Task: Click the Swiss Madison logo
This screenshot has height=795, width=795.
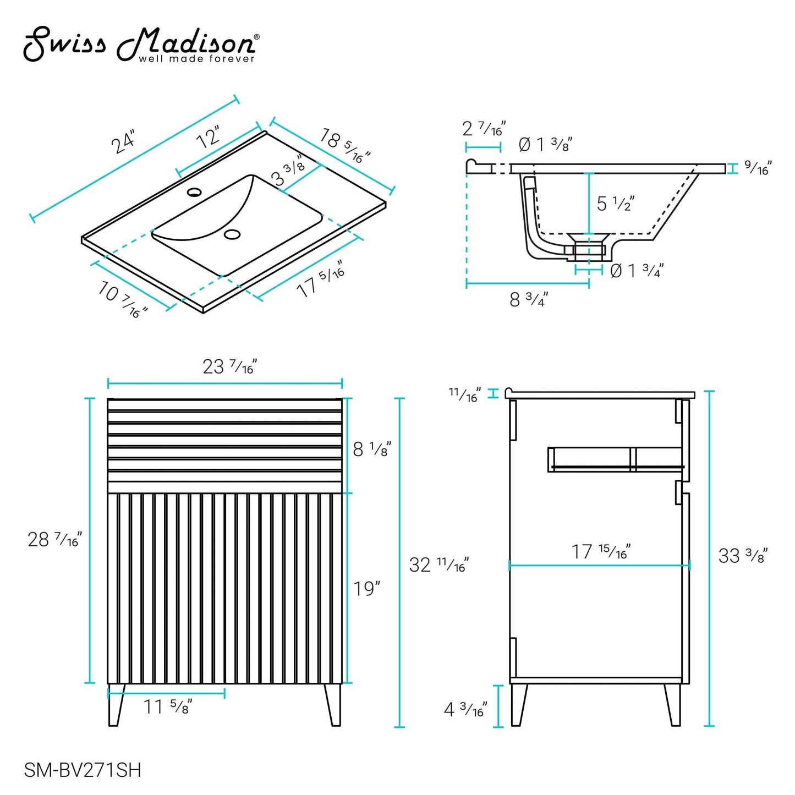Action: click(141, 45)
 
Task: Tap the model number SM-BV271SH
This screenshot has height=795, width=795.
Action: click(83, 770)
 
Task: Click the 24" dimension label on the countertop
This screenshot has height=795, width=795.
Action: click(123, 141)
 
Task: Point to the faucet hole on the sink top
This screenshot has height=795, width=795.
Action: click(194, 192)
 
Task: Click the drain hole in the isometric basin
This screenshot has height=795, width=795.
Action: click(232, 234)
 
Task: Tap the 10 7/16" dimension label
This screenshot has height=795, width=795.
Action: click(123, 299)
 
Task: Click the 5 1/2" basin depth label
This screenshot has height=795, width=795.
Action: click(615, 204)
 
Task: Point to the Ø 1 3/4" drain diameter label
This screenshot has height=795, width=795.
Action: click(637, 271)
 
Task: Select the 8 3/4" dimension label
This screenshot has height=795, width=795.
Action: click(529, 299)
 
